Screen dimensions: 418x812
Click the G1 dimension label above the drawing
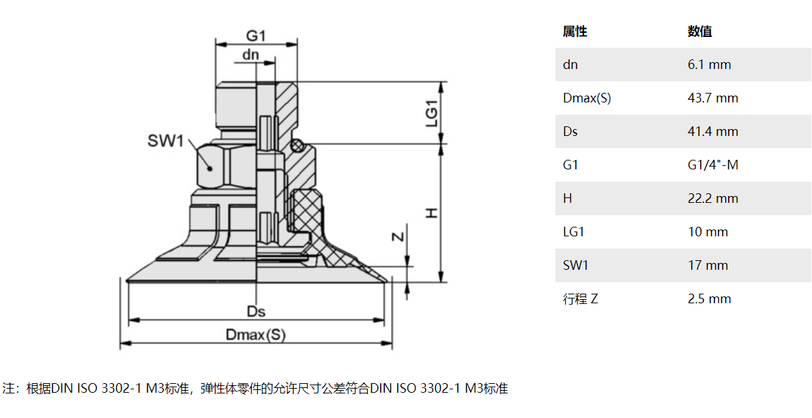(x=255, y=35)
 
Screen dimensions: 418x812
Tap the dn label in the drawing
(x=251, y=55)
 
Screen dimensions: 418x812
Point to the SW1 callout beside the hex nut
(x=166, y=141)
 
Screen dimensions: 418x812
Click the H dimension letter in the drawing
(x=431, y=213)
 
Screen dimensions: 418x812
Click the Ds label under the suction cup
(x=256, y=311)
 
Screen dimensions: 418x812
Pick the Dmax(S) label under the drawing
(x=256, y=335)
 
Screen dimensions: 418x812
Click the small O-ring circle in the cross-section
(x=295, y=145)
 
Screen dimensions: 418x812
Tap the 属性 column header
(x=575, y=31)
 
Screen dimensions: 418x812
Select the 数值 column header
(x=699, y=31)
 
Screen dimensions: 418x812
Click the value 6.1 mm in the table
(x=709, y=65)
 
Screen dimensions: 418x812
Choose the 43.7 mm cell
(x=712, y=98)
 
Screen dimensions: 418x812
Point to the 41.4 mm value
(x=712, y=132)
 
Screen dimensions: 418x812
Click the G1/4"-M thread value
(x=712, y=165)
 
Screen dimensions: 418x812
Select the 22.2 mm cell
(x=712, y=199)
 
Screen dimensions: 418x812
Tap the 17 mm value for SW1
(x=708, y=266)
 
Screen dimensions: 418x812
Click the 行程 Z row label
(x=580, y=299)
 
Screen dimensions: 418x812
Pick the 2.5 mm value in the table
(x=709, y=299)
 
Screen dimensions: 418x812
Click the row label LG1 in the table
(x=574, y=232)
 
